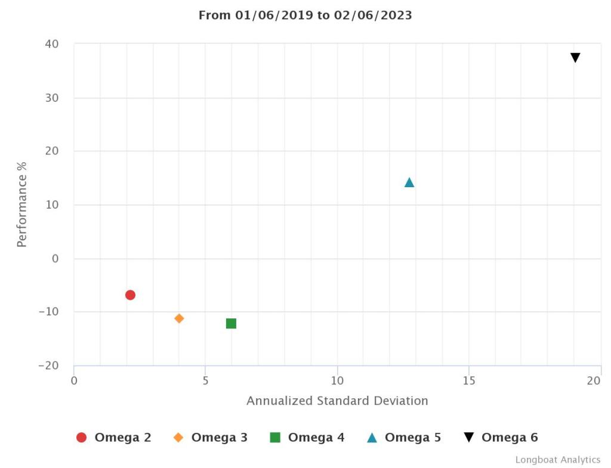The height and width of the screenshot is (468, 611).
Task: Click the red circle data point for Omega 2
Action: [130, 295]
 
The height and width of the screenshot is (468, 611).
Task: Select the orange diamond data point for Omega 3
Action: [179, 318]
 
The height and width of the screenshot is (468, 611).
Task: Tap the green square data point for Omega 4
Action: [231, 323]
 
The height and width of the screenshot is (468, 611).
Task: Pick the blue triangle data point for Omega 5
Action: [409, 182]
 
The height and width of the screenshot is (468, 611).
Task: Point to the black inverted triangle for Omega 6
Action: [575, 58]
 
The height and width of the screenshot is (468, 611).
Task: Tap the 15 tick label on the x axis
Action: [468, 380]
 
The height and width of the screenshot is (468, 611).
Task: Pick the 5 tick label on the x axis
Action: [205, 380]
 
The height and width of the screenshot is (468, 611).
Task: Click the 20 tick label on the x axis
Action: [594, 380]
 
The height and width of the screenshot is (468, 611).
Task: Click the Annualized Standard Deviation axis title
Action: [337, 401]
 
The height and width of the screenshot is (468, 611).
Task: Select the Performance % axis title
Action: [22, 204]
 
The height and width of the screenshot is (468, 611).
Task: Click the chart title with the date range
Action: [305, 16]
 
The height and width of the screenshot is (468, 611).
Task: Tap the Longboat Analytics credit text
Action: [558, 460]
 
